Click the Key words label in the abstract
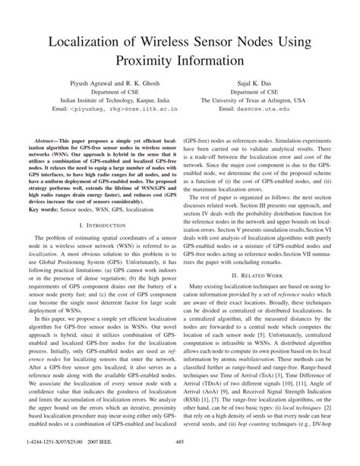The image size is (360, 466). click(x=41, y=209)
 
